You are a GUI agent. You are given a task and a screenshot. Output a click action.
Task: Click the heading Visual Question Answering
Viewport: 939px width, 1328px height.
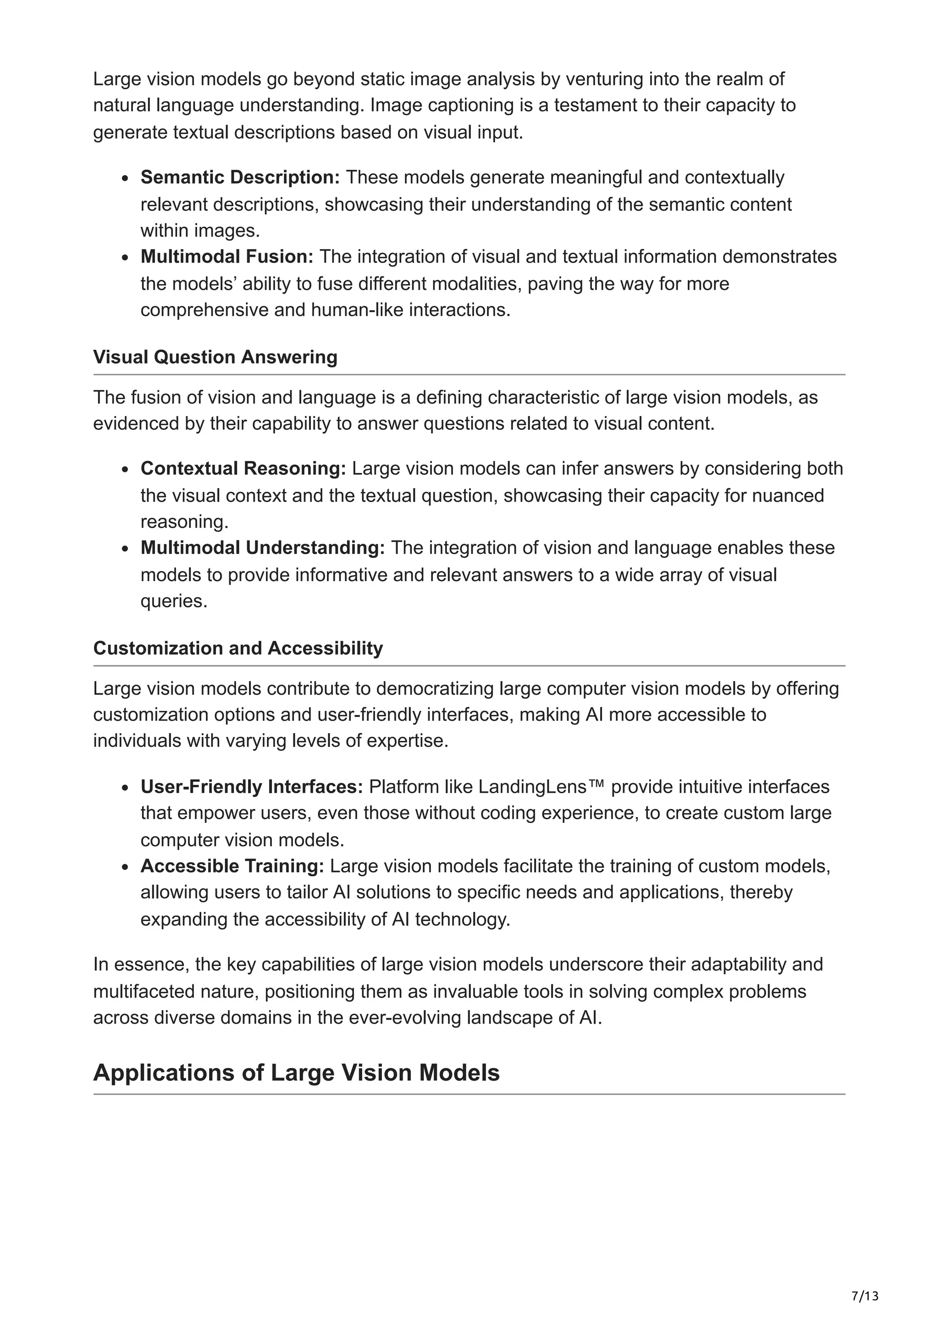coord(215,357)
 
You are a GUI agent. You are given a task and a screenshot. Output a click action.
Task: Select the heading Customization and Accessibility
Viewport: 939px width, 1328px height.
coord(238,648)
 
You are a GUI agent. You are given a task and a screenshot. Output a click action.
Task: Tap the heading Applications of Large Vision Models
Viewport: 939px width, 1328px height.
coord(296,1072)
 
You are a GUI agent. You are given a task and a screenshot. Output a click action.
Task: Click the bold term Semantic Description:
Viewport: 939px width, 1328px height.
coord(240,177)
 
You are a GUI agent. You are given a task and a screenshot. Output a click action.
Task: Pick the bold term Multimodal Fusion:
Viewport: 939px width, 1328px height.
coord(227,256)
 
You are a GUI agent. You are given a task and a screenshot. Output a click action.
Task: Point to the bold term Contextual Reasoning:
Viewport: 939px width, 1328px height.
coord(243,468)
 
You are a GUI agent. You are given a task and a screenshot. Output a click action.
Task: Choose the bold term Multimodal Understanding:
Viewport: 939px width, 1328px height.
coord(263,547)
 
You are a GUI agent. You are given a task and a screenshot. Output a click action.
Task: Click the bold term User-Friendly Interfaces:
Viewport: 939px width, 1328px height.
coord(252,787)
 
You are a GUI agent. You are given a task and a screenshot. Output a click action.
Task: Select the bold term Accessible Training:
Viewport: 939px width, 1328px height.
coord(232,866)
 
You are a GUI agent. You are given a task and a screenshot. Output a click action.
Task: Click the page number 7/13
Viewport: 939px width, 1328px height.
coord(865,1295)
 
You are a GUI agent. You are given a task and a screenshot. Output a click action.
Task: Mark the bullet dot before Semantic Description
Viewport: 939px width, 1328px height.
coord(125,178)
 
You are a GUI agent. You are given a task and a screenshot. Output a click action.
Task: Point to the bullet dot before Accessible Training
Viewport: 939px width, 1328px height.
coord(125,867)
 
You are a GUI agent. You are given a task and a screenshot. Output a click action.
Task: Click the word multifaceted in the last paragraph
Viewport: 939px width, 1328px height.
coord(146,991)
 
